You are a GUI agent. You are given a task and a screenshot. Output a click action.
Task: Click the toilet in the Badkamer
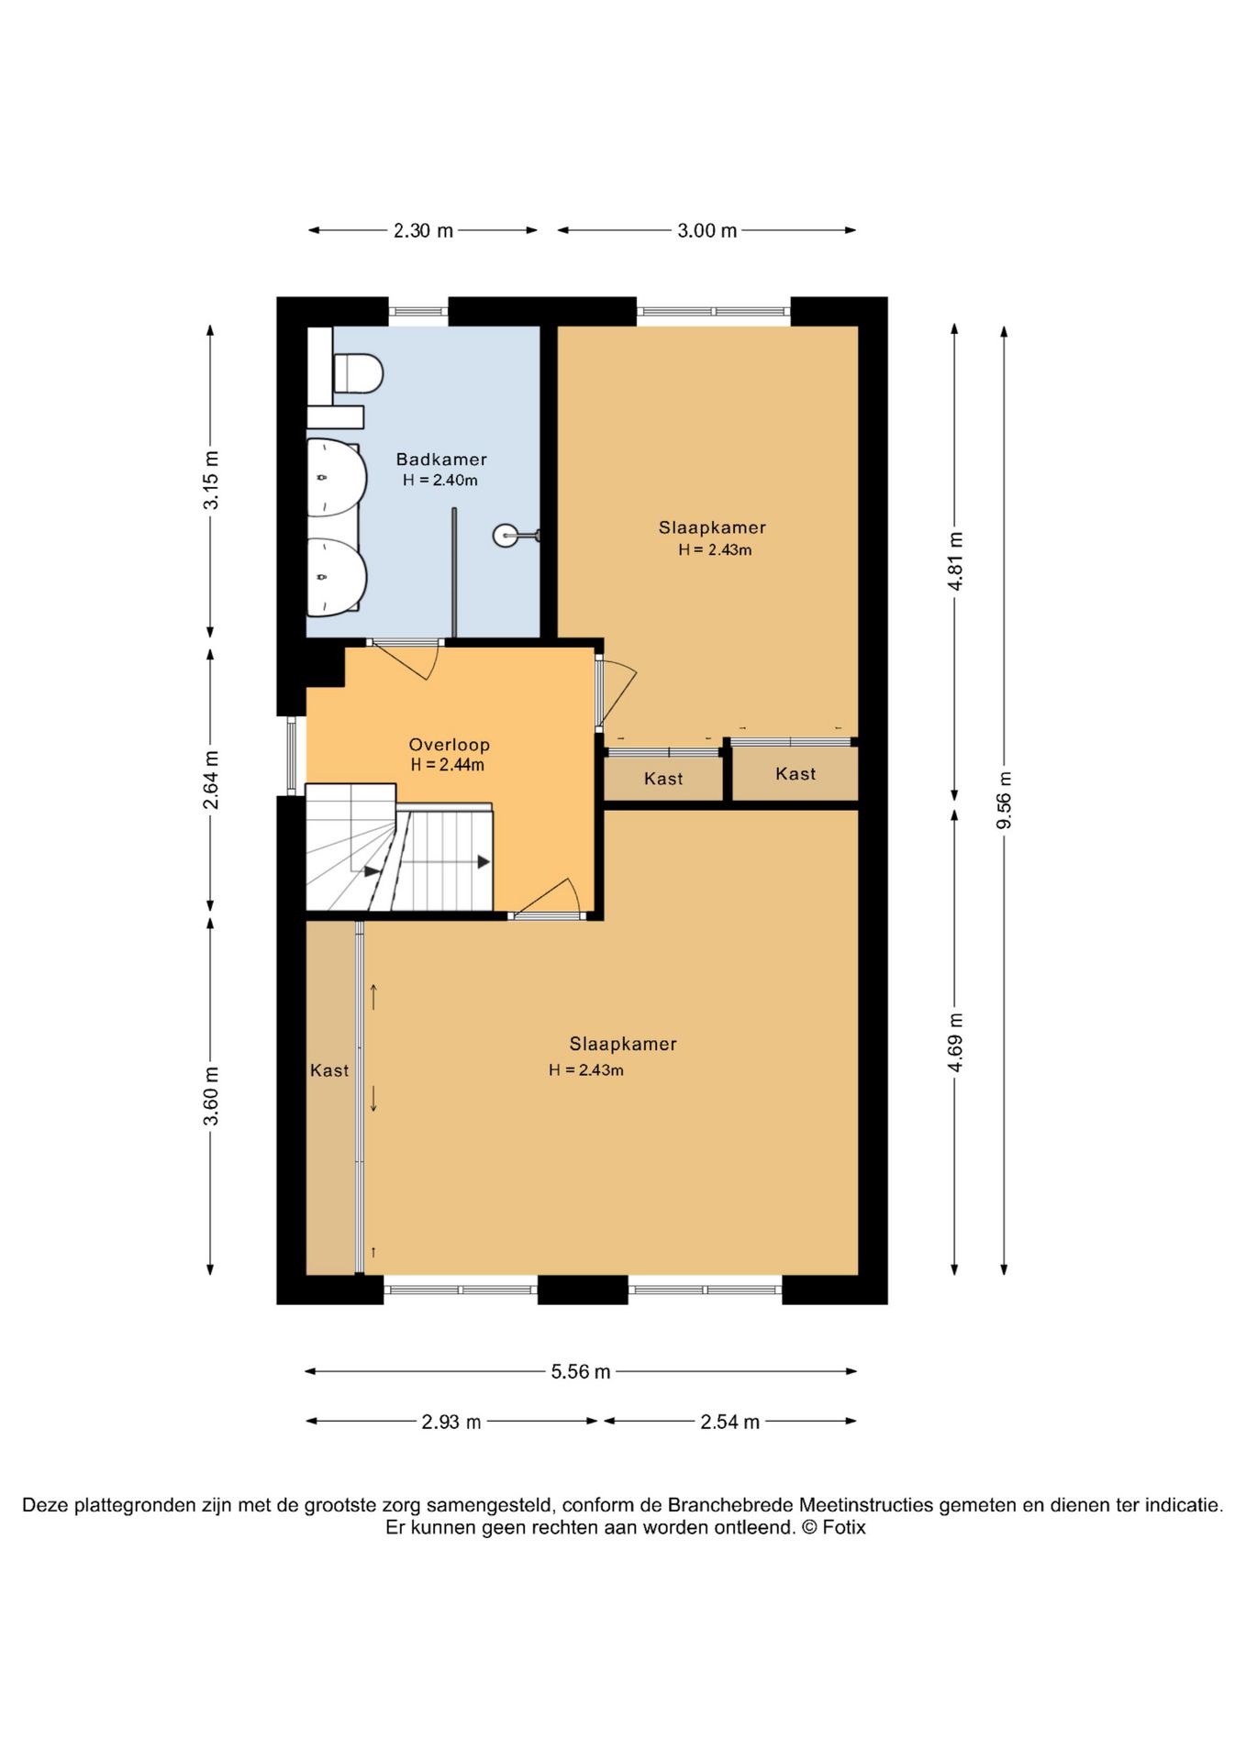[357, 373]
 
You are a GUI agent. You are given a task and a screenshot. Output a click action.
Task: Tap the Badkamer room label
[441, 460]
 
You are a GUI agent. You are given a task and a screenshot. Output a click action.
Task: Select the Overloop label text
[449, 745]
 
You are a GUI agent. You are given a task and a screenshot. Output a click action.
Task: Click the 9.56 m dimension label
[1004, 800]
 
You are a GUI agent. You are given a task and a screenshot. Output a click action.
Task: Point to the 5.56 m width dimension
[580, 1372]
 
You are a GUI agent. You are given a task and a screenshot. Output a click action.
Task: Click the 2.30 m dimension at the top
[423, 231]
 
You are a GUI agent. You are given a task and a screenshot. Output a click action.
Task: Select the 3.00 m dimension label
[706, 231]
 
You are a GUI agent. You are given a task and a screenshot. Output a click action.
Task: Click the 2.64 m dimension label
[211, 780]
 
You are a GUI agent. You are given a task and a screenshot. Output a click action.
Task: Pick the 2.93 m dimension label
[451, 1422]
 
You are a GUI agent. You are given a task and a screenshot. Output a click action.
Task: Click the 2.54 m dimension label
[729, 1422]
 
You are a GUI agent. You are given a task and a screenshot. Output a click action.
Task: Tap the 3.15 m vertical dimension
[211, 480]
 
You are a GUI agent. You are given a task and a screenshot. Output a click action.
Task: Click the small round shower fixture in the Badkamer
[506, 535]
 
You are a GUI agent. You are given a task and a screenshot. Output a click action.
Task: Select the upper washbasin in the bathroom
[335, 477]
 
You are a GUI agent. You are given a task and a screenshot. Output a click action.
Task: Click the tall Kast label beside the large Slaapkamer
[329, 1070]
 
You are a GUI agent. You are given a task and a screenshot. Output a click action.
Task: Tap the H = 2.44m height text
[447, 765]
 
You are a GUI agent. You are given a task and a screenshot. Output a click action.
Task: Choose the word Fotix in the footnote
[843, 1527]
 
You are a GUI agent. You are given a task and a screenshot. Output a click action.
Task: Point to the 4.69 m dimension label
[955, 1042]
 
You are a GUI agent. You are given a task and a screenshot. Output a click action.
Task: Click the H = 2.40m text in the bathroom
[439, 481]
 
